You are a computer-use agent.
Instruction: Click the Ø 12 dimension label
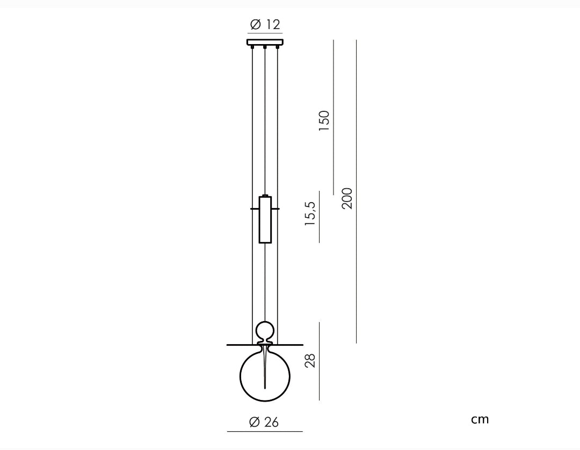click(x=265, y=24)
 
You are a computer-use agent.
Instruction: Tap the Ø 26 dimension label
click(x=264, y=422)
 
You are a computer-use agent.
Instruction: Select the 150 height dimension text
click(x=324, y=120)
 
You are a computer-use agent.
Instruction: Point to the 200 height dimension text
click(x=346, y=198)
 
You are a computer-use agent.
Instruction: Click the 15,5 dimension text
click(x=310, y=213)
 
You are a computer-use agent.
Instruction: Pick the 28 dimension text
click(x=310, y=360)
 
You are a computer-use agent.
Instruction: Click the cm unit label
click(x=480, y=419)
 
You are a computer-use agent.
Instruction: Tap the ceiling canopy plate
click(x=265, y=42)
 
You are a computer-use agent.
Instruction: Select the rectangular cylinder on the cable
click(x=265, y=220)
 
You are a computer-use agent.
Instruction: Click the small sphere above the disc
click(x=265, y=330)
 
